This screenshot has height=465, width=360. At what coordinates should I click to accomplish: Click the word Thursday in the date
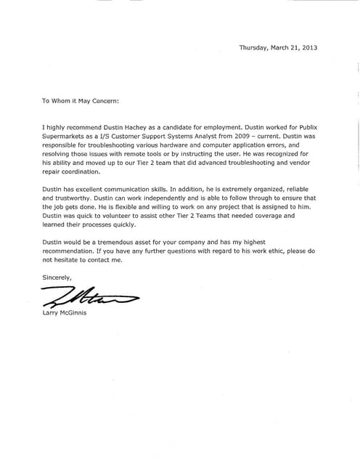[x=253, y=48]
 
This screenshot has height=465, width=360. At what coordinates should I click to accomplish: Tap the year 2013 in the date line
[x=308, y=48]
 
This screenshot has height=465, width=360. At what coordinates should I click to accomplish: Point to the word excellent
[x=89, y=189]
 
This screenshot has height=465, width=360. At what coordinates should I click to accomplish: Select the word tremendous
[x=124, y=242]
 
